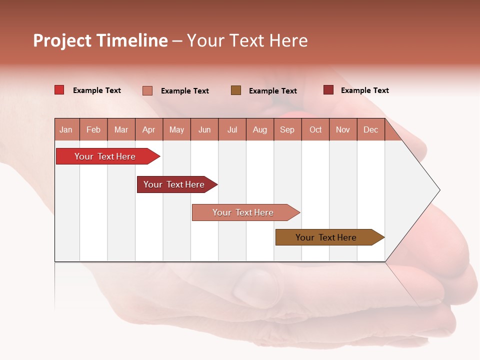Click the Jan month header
pyautogui.click(x=66, y=130)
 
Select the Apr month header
pyautogui.click(x=148, y=130)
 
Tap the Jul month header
pyautogui.click(x=232, y=130)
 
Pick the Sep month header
pyautogui.click(x=287, y=130)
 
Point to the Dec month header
pyautogui.click(x=370, y=130)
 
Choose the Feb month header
pyautogui.click(x=93, y=130)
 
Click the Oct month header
pyautogui.click(x=315, y=130)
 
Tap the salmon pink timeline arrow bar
pyautogui.click(x=243, y=212)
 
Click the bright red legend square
pyautogui.click(x=59, y=90)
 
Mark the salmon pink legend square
pyautogui.click(x=147, y=90)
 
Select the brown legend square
pyautogui.click(x=236, y=90)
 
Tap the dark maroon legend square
pyautogui.click(x=328, y=90)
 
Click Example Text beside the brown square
pyautogui.click(x=272, y=91)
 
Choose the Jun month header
pyautogui.click(x=204, y=130)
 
